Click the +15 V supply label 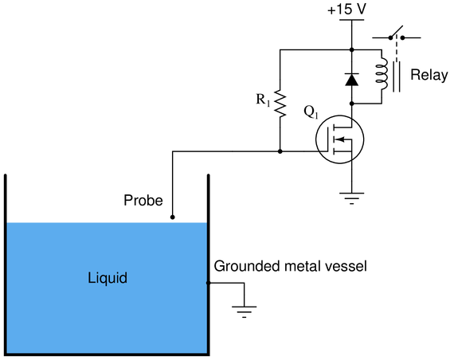[x=346, y=10]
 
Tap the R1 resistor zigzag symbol [x=280, y=104]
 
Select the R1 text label [x=263, y=100]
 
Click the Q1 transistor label [x=311, y=112]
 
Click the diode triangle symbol [x=352, y=80]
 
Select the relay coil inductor [x=382, y=73]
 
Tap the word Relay [x=429, y=75]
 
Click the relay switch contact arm [x=397, y=32]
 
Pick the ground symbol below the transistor [x=352, y=198]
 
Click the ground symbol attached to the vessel [x=244, y=312]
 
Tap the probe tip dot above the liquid [x=172, y=217]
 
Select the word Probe [x=143, y=200]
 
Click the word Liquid [x=108, y=278]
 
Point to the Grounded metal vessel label [x=291, y=266]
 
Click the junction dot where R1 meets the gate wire [x=280, y=151]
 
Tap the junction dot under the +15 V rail [x=352, y=50]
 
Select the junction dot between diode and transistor [x=352, y=104]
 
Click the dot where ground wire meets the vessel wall [x=208, y=283]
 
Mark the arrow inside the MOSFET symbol [x=341, y=139]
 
